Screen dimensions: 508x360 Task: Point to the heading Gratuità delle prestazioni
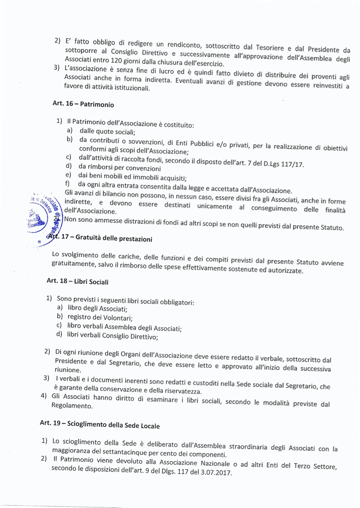coord(114,239)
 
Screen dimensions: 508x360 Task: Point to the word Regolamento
coord(73,406)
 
